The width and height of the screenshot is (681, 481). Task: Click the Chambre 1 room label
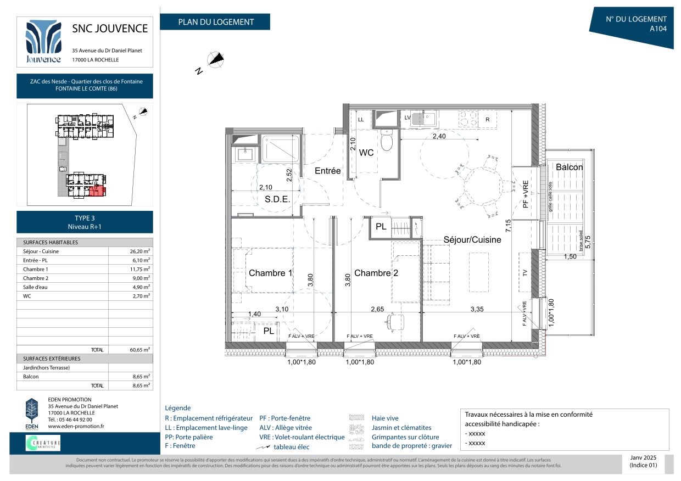271,273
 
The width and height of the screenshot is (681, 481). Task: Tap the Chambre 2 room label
376,273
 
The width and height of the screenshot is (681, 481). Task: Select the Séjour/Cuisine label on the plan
472,240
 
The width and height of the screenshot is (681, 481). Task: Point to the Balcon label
569,167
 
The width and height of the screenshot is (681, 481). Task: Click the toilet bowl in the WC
387,141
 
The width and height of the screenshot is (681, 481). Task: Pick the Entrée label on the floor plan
327,171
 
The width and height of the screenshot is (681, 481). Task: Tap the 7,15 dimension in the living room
509,226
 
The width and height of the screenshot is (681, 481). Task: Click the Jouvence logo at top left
43,42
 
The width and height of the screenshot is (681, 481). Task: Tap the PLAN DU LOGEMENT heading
215,22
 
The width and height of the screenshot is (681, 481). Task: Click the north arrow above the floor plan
215,60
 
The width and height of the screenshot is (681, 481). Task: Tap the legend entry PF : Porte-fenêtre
284,418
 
